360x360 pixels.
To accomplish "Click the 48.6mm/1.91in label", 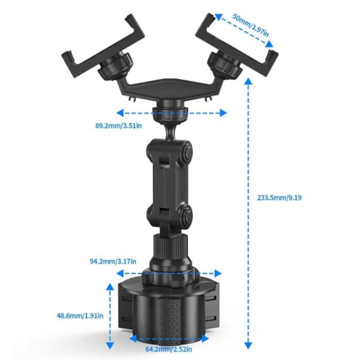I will pyautogui.click(x=79, y=315).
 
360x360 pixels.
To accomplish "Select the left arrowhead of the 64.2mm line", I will pyautogui.click(x=132, y=338).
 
